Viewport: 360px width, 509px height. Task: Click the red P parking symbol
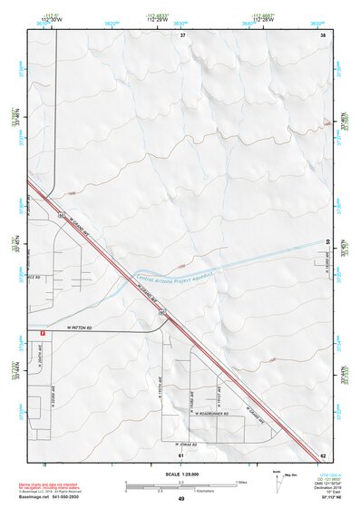click(43, 334)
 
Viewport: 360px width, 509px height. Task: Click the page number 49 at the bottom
click(180, 499)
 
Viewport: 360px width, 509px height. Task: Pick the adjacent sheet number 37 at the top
click(182, 34)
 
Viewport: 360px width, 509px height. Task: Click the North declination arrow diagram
click(277, 478)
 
